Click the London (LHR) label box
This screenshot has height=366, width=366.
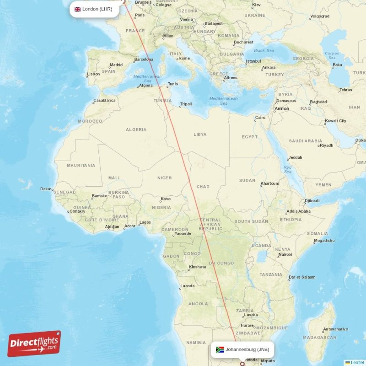(x=94, y=9)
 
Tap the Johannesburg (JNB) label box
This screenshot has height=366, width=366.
(x=242, y=350)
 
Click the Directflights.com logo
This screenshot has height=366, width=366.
(x=34, y=344)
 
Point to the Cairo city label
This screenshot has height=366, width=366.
(x=260, y=118)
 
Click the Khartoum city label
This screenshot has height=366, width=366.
(x=269, y=183)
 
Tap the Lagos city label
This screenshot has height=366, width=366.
(x=145, y=222)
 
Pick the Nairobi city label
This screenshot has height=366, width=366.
(x=285, y=254)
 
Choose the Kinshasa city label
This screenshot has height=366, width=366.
(x=197, y=267)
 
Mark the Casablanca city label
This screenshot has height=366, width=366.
(x=104, y=100)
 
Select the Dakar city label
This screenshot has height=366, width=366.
(x=46, y=188)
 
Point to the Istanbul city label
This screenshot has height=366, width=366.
(x=253, y=61)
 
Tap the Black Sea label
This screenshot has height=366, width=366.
(x=264, y=50)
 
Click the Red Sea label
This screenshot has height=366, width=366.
(x=287, y=169)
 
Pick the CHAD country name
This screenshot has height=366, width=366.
(x=203, y=187)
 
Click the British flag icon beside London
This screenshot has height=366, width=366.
(x=77, y=9)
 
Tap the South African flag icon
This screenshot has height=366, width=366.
(x=220, y=350)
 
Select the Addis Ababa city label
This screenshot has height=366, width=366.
(x=298, y=211)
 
